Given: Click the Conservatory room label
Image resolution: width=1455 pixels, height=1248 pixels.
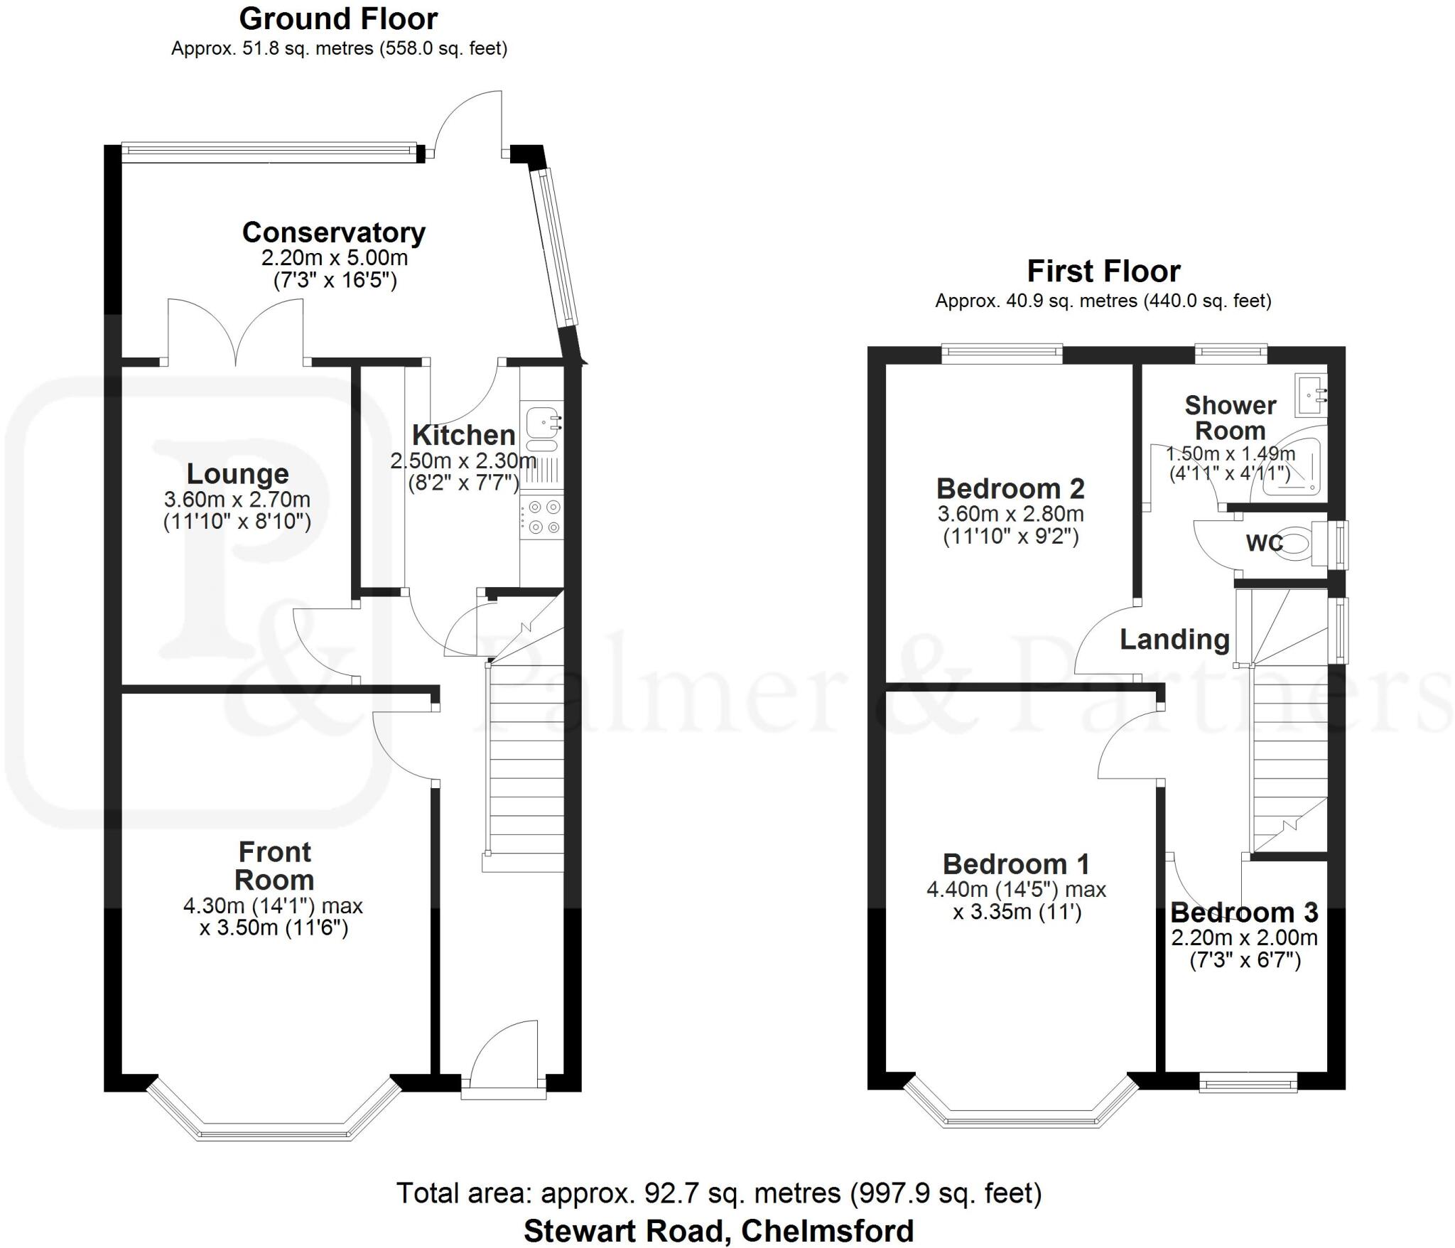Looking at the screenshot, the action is (334, 232).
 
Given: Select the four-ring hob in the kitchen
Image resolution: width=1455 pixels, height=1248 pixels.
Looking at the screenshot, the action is (541, 517).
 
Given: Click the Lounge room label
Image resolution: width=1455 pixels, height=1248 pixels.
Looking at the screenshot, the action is (237, 473).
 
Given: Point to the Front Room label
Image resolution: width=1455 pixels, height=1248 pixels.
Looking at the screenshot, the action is (274, 866).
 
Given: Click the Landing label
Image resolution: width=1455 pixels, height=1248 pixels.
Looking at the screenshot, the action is (1174, 640).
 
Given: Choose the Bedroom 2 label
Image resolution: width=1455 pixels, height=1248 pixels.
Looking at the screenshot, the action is (1010, 488).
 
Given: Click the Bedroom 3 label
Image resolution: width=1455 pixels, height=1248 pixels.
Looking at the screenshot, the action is (1244, 912).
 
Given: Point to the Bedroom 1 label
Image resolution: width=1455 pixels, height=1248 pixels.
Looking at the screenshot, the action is (1016, 864).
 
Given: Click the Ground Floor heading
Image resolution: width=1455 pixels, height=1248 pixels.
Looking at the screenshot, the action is (338, 18).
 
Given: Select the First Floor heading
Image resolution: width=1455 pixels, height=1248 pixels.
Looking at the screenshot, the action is (1103, 271).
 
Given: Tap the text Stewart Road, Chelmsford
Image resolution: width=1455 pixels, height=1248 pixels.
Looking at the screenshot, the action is (718, 1230).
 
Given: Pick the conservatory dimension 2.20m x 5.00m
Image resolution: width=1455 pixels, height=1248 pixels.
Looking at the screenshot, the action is (335, 257).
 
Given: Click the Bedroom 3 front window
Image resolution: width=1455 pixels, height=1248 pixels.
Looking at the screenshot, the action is (1248, 1085).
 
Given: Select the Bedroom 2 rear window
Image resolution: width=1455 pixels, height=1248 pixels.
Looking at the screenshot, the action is (1002, 354).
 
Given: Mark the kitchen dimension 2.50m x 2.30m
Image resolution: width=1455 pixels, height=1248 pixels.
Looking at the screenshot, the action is (463, 461).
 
